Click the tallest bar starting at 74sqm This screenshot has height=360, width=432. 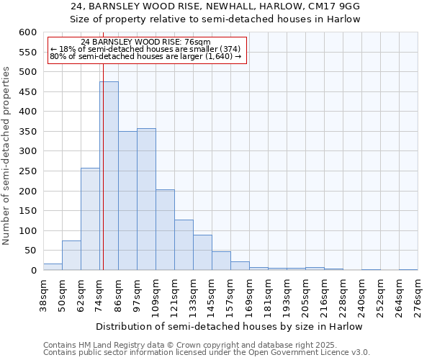pos(109,176)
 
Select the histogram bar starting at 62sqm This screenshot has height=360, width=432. pos(90,220)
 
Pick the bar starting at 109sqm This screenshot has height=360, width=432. pos(165,230)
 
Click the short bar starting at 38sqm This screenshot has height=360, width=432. pos(53,267)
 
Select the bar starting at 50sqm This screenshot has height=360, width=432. pos(71,256)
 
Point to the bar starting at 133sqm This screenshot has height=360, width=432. pos(202,253)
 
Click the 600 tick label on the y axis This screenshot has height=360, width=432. pos(27,32)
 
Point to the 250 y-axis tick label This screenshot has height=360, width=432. pos(27,171)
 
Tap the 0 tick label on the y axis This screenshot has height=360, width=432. pos(33,271)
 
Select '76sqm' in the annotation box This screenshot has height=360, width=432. pos(196,42)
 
